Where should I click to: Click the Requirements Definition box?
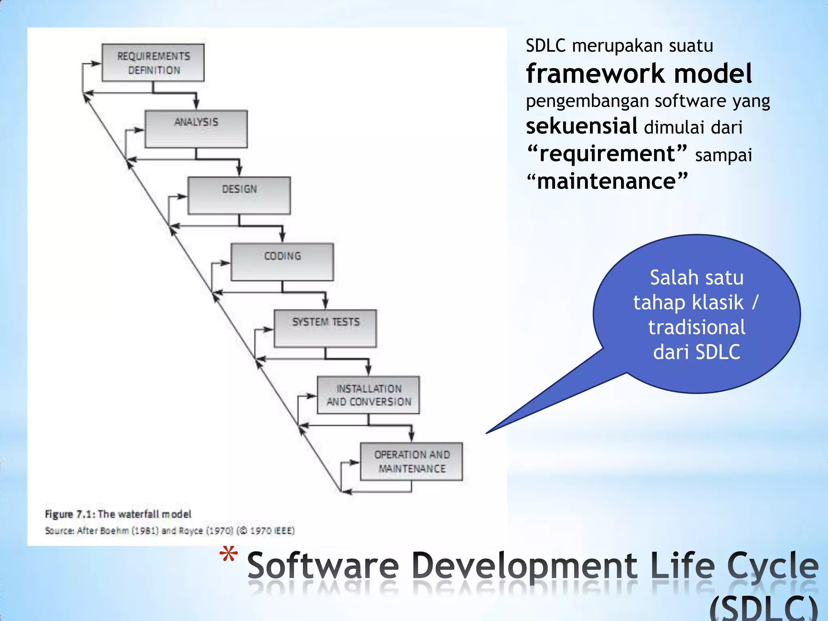click(153, 63)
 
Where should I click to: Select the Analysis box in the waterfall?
click(196, 129)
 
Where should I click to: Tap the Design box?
click(239, 195)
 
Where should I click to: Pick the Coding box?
click(282, 262)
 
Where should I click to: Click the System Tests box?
click(325, 328)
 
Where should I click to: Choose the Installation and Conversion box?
click(368, 395)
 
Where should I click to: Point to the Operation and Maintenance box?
click(411, 461)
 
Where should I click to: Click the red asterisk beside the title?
click(228, 555)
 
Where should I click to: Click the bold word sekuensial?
click(581, 126)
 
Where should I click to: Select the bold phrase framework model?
click(639, 74)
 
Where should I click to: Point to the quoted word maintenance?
click(606, 181)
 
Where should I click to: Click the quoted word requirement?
click(607, 154)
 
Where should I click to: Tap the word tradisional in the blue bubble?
click(697, 327)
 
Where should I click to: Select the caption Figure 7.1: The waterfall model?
click(118, 514)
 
